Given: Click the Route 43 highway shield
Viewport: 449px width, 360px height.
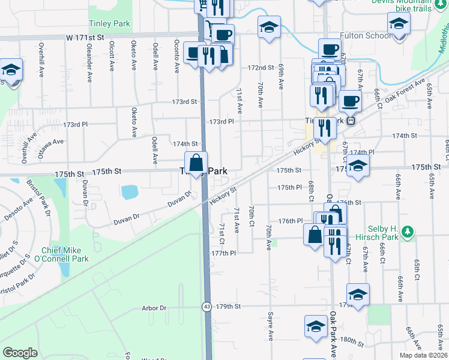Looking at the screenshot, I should click(x=206, y=307).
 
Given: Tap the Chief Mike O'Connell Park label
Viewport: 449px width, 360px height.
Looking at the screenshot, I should click(x=65, y=254).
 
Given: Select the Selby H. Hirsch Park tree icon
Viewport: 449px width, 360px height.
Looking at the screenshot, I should click(x=408, y=231).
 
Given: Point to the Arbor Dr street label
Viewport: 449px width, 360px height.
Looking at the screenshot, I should click(x=154, y=308).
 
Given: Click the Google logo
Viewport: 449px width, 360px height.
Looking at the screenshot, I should click(x=20, y=353).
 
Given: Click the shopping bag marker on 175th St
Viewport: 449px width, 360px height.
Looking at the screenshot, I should click(x=196, y=163).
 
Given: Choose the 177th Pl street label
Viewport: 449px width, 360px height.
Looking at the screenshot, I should click(x=223, y=253).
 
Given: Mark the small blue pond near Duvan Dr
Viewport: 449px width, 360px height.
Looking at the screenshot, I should click(x=129, y=192).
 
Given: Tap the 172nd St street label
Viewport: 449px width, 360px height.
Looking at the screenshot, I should click(x=261, y=68).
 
